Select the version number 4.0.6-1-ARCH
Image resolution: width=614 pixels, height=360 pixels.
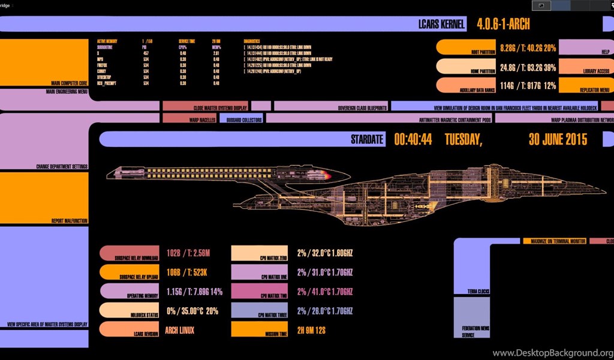pos(503,25)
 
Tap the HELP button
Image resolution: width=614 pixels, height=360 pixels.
pos(585,47)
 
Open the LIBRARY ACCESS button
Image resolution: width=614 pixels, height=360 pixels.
pos(585,66)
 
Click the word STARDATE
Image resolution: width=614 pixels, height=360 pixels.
pos(366,140)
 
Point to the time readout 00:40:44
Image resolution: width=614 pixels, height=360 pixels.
pos(413,140)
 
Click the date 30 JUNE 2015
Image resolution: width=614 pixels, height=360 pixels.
pos(558,140)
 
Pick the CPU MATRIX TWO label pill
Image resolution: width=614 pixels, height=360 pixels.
pos(257,291)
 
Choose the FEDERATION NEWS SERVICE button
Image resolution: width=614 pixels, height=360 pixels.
pos(471,318)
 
